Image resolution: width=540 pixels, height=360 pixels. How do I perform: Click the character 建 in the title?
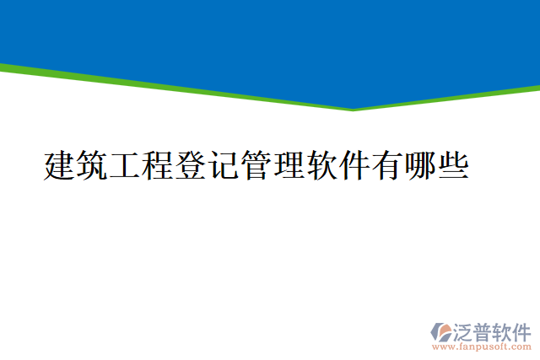coord(59,165)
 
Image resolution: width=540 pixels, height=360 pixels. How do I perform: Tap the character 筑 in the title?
coord(92,165)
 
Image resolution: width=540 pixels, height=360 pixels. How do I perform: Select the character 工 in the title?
coord(125,165)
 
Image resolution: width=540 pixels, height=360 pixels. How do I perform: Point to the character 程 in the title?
coord(158,165)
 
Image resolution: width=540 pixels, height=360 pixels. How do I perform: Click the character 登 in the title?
coord(191,165)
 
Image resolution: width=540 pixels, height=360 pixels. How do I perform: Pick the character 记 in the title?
coord(224,165)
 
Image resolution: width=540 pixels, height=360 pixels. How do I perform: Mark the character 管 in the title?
coord(256,165)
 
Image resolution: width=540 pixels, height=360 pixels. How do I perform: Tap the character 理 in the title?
coord(289,165)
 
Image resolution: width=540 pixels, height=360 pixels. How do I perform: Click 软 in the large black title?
coord(322,165)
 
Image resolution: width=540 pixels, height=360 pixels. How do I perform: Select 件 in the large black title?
coord(355,165)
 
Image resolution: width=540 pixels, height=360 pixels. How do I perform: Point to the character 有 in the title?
coord(388,165)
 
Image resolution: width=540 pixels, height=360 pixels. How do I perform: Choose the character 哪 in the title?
coord(421,165)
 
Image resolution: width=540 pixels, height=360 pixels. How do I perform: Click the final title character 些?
coord(454,165)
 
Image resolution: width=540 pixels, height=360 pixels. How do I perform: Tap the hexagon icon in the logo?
coord(441,331)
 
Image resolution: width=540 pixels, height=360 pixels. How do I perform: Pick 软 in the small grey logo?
coord(502,330)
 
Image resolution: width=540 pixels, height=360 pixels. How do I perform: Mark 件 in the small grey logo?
coord(521,330)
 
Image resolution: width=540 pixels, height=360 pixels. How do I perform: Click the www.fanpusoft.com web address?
coord(482,347)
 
